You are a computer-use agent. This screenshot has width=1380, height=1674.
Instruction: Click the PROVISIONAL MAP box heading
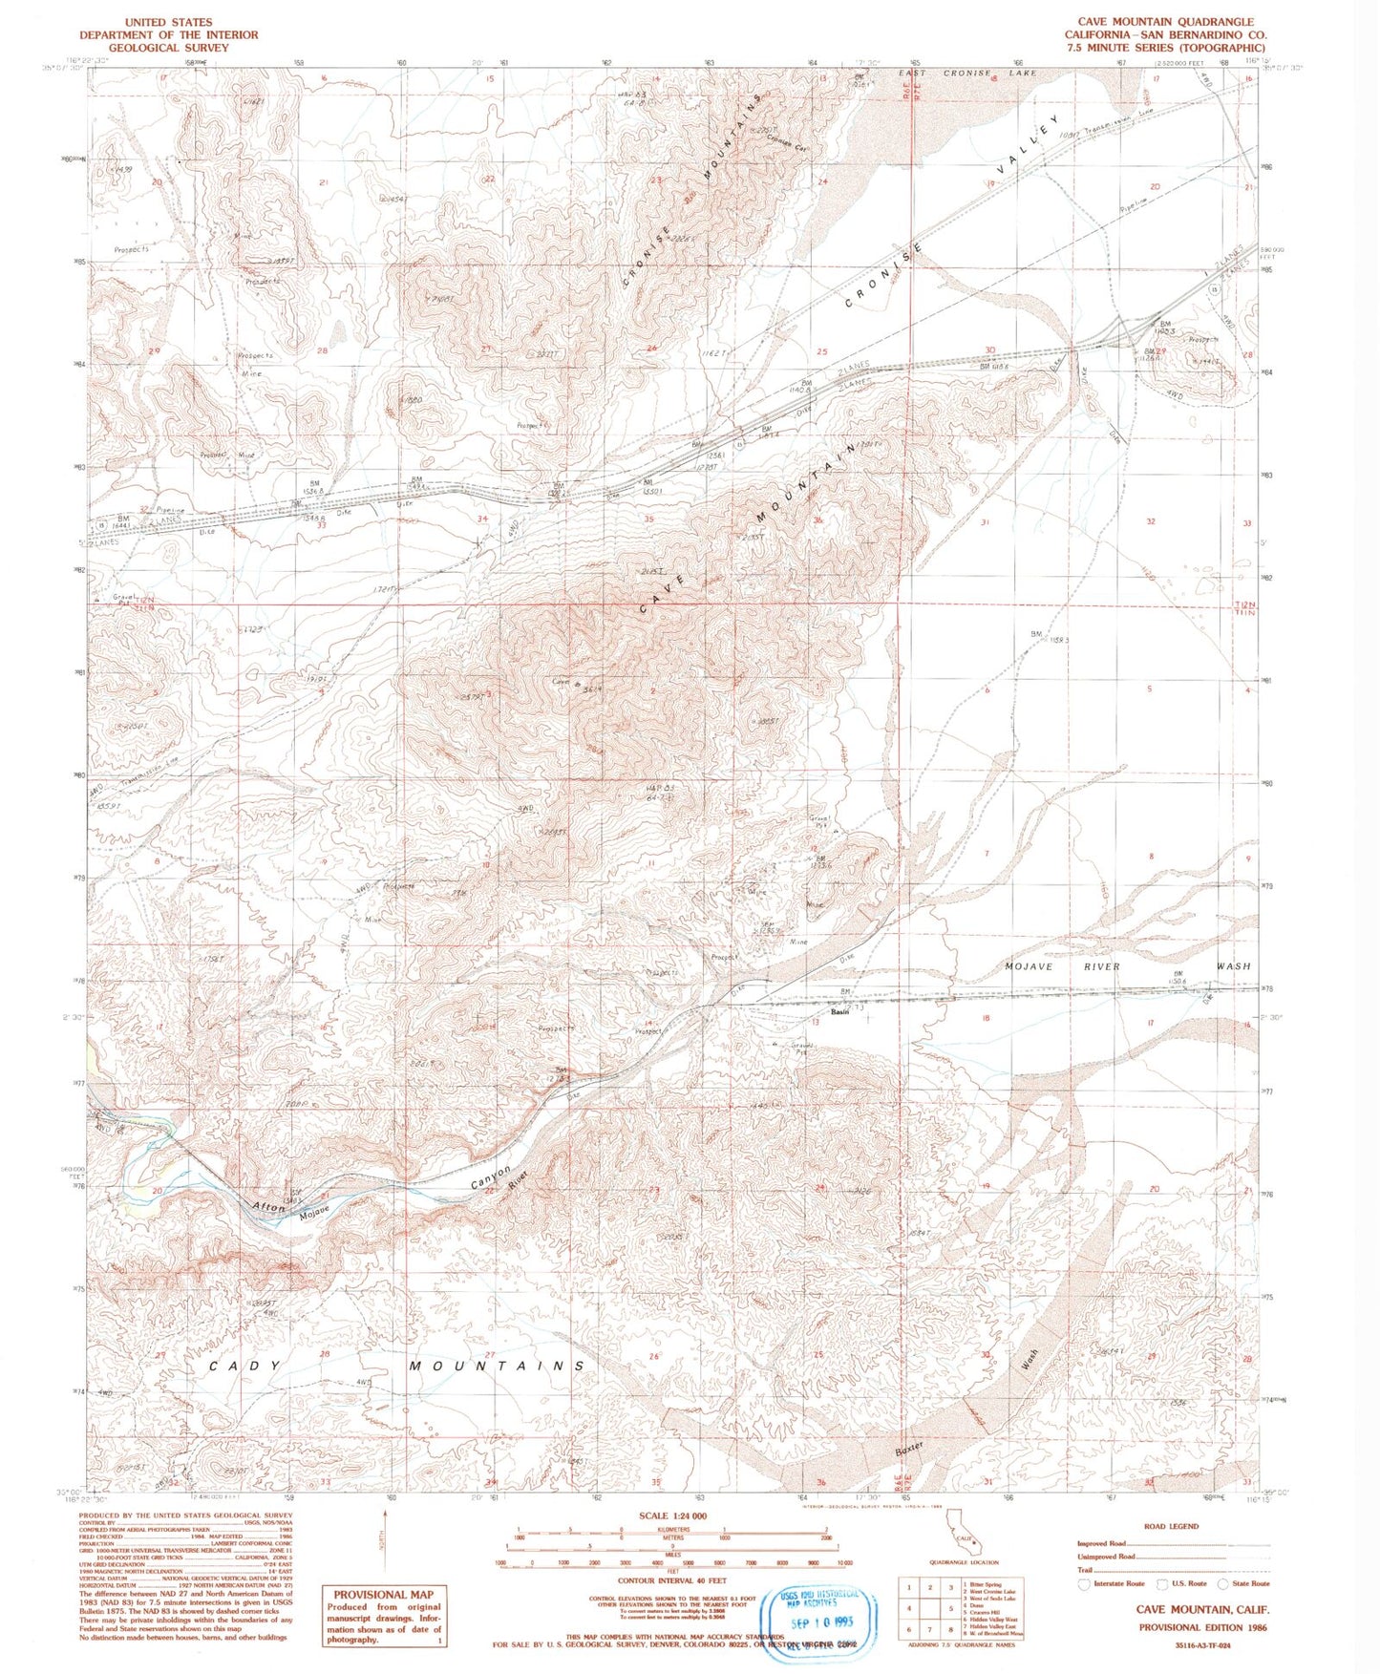383,1594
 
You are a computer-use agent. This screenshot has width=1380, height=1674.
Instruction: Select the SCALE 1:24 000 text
672,1515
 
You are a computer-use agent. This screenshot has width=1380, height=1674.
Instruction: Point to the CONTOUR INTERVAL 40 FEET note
671,1581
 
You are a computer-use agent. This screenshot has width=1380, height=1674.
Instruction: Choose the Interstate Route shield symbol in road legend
1083,1584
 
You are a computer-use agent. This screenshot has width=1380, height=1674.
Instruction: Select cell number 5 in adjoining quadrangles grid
951,1608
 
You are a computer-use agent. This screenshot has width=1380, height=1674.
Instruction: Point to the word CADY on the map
245,1367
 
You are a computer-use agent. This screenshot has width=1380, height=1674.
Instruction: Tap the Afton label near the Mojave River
268,1207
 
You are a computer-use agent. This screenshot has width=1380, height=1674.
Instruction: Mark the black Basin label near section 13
840,1011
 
